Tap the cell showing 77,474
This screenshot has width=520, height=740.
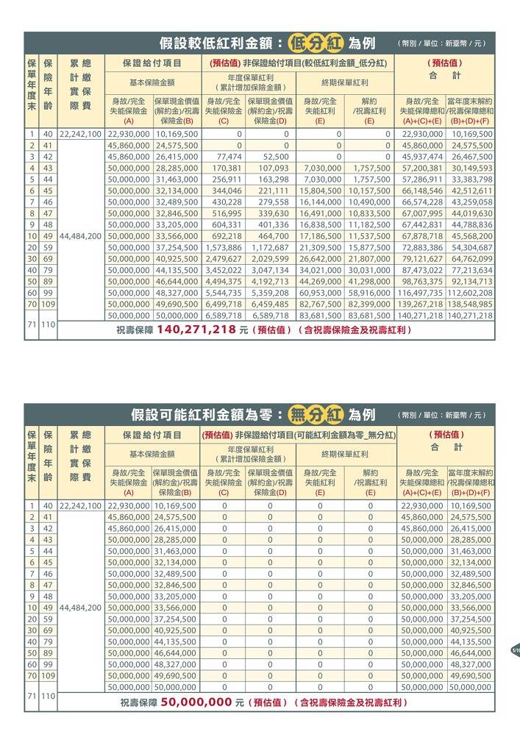pyautogui.click(x=226, y=157)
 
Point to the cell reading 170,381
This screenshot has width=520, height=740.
pyautogui.click(x=226, y=168)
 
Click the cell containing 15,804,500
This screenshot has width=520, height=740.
pyautogui.click(x=322, y=191)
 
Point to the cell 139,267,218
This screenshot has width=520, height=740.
pyautogui.click(x=420, y=304)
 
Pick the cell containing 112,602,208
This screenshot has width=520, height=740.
pyautogui.click(x=470, y=293)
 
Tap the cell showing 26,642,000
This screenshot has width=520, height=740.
pyautogui.click(x=322, y=259)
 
